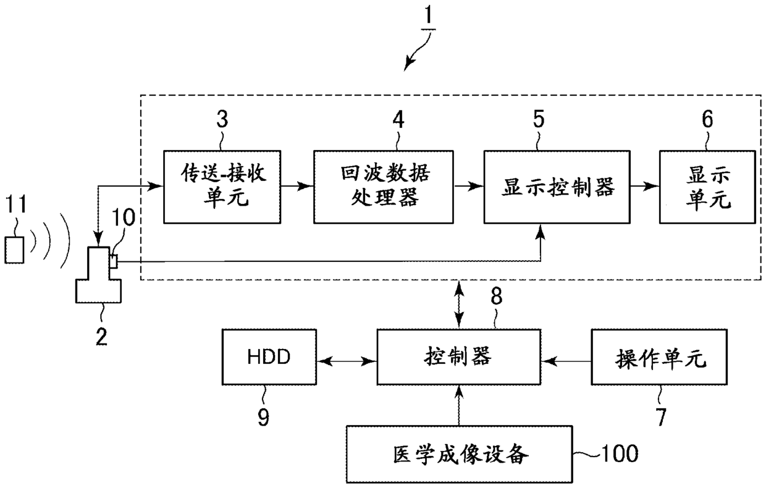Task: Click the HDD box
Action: tap(269, 357)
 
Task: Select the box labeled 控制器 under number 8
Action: tap(458, 357)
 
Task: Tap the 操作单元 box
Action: tap(659, 357)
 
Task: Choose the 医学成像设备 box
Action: tap(459, 454)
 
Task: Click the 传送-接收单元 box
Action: tap(222, 187)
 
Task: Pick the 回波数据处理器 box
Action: tap(384, 187)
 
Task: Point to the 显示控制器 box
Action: tap(557, 187)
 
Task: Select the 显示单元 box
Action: tap(707, 187)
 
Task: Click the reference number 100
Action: tap(620, 453)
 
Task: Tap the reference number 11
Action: tap(15, 204)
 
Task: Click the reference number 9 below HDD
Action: tap(263, 417)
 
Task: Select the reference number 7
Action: tap(662, 417)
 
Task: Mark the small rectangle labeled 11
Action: tap(14, 250)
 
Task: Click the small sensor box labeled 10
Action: tap(114, 262)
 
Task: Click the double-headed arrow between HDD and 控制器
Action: tap(347, 361)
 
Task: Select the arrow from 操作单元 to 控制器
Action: tap(566, 361)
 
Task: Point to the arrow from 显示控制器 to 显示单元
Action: tap(644, 187)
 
